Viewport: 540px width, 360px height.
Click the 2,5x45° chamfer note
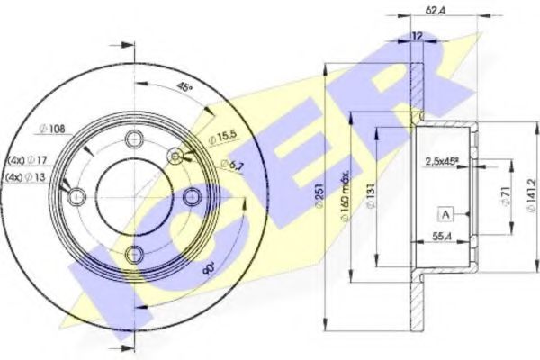(x=440, y=162)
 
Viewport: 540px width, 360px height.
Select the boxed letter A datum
(x=445, y=213)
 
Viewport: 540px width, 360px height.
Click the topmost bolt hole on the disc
(x=135, y=139)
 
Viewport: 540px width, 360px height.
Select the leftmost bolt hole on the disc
(x=77, y=195)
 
